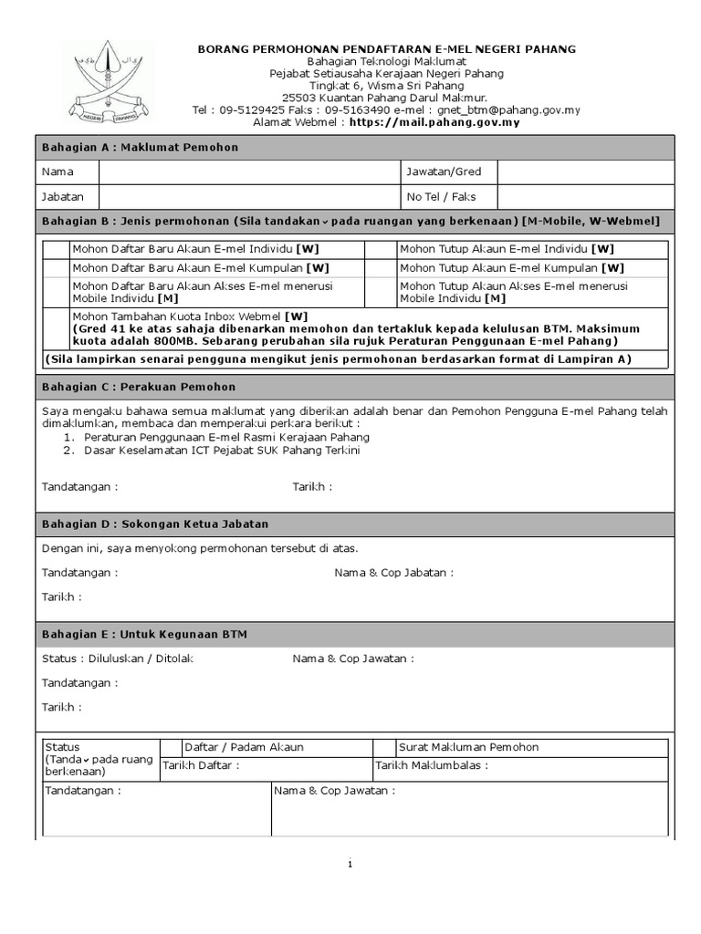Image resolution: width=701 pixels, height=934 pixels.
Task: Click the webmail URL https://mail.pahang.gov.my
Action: tap(434, 121)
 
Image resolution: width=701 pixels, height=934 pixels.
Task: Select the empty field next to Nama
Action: tap(249, 171)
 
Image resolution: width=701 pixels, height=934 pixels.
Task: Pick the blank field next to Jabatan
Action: tap(249, 196)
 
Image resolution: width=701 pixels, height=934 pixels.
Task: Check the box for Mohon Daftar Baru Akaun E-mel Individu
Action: tap(56, 249)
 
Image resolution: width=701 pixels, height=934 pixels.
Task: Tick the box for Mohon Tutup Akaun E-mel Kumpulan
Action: tap(379, 268)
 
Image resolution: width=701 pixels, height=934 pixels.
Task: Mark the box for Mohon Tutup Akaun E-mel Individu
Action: tap(379, 249)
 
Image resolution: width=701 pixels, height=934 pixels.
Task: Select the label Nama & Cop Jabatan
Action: tap(393, 573)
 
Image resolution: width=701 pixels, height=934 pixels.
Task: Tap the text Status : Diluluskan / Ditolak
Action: tap(118, 658)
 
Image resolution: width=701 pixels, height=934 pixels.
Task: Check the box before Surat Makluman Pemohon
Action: tap(384, 747)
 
